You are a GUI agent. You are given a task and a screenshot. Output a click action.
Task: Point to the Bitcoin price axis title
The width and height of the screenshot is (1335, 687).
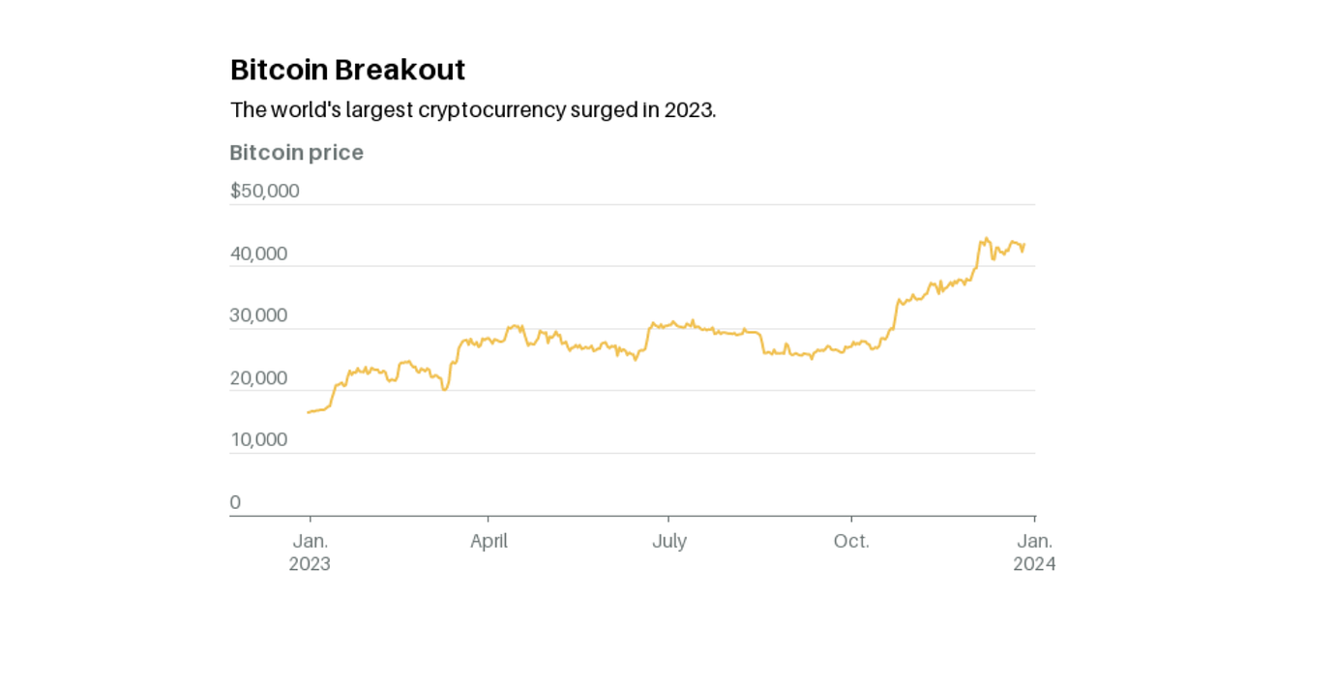(x=296, y=153)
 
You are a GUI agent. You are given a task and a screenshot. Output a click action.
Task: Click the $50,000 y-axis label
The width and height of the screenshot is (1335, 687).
(x=264, y=191)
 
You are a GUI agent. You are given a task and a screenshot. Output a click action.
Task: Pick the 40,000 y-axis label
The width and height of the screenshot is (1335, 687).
(x=258, y=254)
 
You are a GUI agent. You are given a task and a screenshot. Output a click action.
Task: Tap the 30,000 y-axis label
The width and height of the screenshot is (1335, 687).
(x=258, y=315)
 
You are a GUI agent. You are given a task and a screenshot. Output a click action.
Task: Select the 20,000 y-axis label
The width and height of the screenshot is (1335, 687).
(x=258, y=378)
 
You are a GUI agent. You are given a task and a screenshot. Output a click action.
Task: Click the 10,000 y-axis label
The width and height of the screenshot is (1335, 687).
(x=258, y=440)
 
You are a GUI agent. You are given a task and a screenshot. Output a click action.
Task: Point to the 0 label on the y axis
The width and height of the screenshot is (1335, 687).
(x=235, y=502)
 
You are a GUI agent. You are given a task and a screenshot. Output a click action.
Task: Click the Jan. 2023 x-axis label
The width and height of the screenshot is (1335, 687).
(x=310, y=552)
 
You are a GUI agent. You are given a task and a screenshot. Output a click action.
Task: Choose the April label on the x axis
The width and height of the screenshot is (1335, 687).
(x=489, y=541)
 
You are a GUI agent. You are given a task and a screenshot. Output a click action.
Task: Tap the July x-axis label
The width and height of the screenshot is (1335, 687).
(x=668, y=541)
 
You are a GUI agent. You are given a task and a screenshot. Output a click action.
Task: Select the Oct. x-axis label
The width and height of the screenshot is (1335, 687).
(x=851, y=541)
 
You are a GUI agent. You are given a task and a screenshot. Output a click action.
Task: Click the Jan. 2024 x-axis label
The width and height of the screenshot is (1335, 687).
(x=1034, y=552)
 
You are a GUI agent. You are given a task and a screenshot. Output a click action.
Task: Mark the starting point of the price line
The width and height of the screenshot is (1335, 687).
(x=308, y=412)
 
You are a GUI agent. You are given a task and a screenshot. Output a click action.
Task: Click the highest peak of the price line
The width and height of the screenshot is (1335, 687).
(x=986, y=238)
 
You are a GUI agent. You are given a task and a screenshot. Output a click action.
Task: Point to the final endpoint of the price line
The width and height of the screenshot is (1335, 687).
(x=1024, y=245)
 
